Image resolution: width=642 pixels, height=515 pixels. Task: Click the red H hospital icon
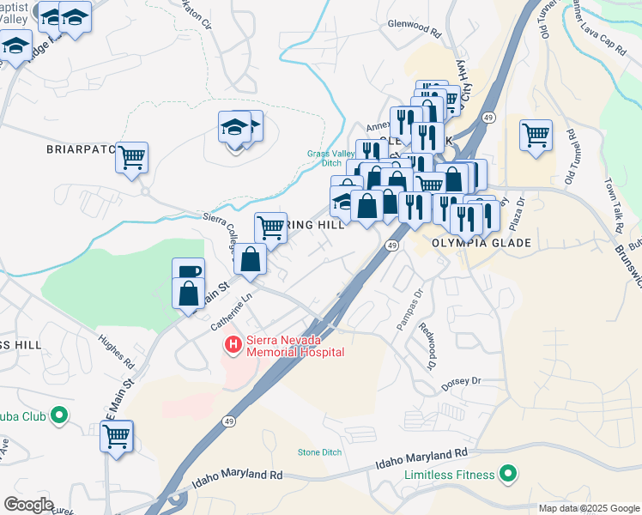(x=232, y=345)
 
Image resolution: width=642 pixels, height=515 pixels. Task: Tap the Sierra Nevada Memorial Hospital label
(x=295, y=345)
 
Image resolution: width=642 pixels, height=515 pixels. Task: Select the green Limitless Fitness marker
(x=508, y=474)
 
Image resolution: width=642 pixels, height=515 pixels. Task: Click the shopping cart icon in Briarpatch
(x=132, y=159)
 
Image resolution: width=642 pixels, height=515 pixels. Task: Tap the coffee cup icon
(x=188, y=273)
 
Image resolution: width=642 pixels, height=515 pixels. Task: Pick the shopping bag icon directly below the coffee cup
(x=188, y=294)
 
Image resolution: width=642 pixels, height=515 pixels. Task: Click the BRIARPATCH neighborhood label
(x=81, y=148)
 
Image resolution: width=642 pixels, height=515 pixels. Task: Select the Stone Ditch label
(x=319, y=452)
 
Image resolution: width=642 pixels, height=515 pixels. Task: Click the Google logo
(x=28, y=504)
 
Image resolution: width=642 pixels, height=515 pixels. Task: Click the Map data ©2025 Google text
(x=588, y=508)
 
